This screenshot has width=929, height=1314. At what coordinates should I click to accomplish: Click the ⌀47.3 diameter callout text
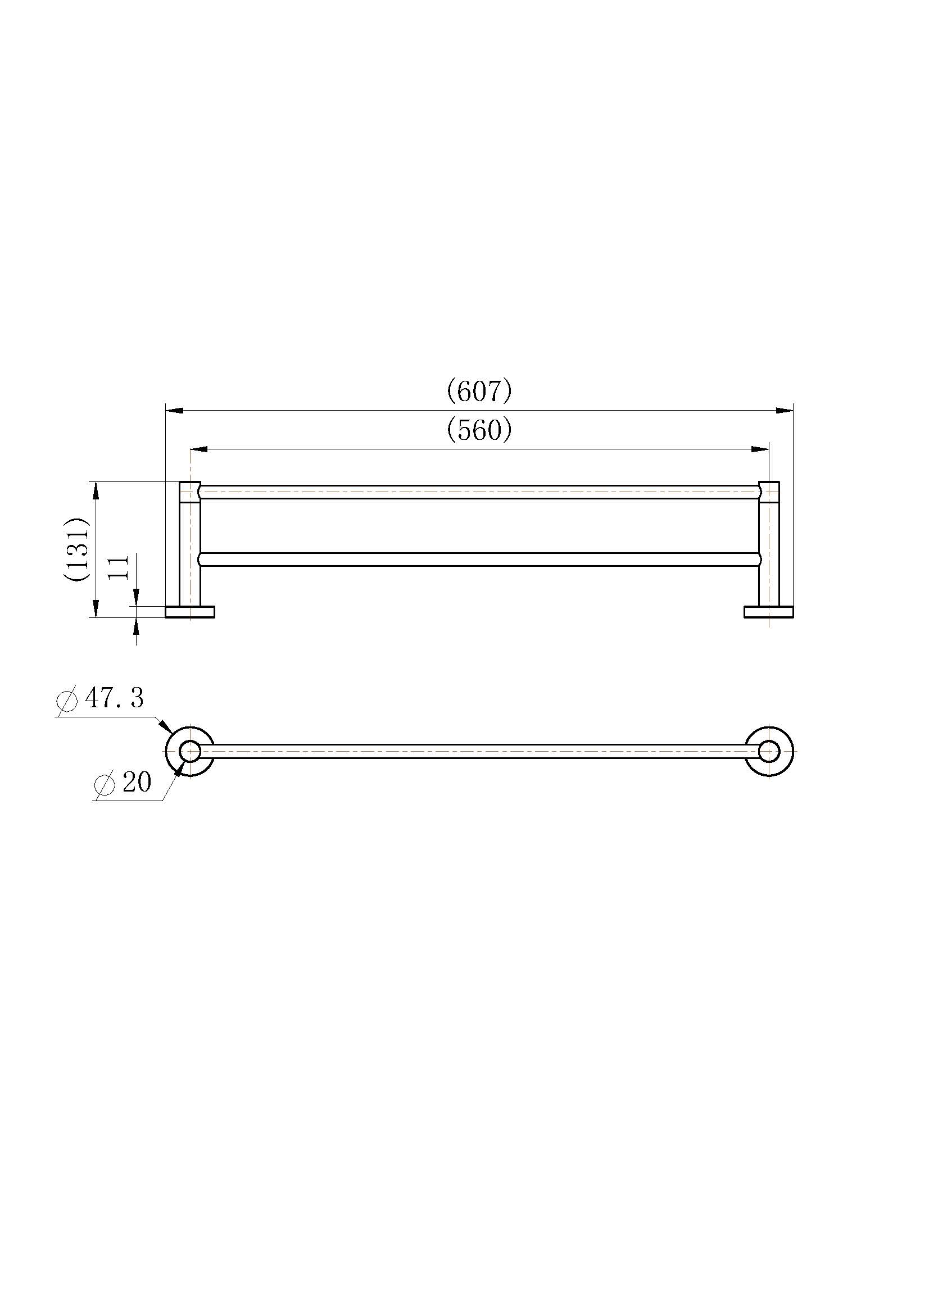pyautogui.click(x=100, y=699)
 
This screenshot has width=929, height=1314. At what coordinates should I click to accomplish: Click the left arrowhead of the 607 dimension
pyautogui.click(x=174, y=410)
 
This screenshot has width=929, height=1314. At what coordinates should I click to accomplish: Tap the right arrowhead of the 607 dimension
pyautogui.click(x=785, y=410)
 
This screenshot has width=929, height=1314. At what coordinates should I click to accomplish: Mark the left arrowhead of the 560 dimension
pyautogui.click(x=198, y=449)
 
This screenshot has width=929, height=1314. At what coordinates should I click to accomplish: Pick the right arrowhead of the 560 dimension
pyautogui.click(x=761, y=449)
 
